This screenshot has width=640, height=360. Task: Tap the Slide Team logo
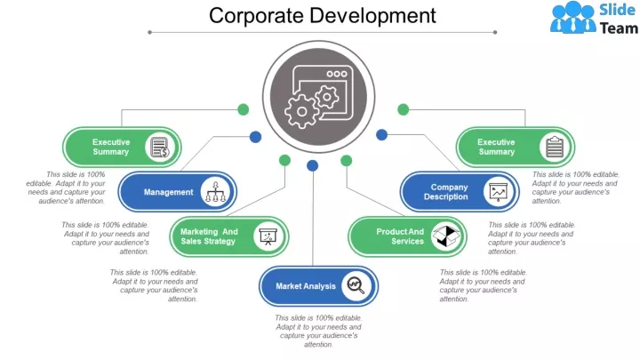[x=594, y=18]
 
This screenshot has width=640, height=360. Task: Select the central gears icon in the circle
[x=312, y=100]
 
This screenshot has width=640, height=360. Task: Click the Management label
[x=168, y=192]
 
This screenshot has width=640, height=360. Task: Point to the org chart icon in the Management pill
[x=215, y=191]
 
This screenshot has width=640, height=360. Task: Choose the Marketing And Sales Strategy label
[x=209, y=236]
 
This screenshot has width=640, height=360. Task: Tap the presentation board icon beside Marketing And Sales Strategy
[x=267, y=236]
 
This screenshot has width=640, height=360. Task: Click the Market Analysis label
[x=306, y=286]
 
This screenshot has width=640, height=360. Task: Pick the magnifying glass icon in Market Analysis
[x=356, y=285]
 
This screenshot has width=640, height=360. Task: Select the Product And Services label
[x=401, y=236]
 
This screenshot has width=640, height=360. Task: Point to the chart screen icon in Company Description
[x=498, y=192]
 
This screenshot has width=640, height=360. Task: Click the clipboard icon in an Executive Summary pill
[x=556, y=147]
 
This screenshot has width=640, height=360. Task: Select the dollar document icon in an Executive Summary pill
[x=158, y=147]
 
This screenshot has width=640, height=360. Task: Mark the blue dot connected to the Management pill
[x=255, y=137]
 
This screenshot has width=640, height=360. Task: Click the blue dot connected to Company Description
[x=381, y=134]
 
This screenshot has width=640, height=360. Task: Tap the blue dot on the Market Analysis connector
[x=312, y=165]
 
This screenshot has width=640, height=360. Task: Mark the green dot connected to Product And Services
[x=346, y=160]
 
